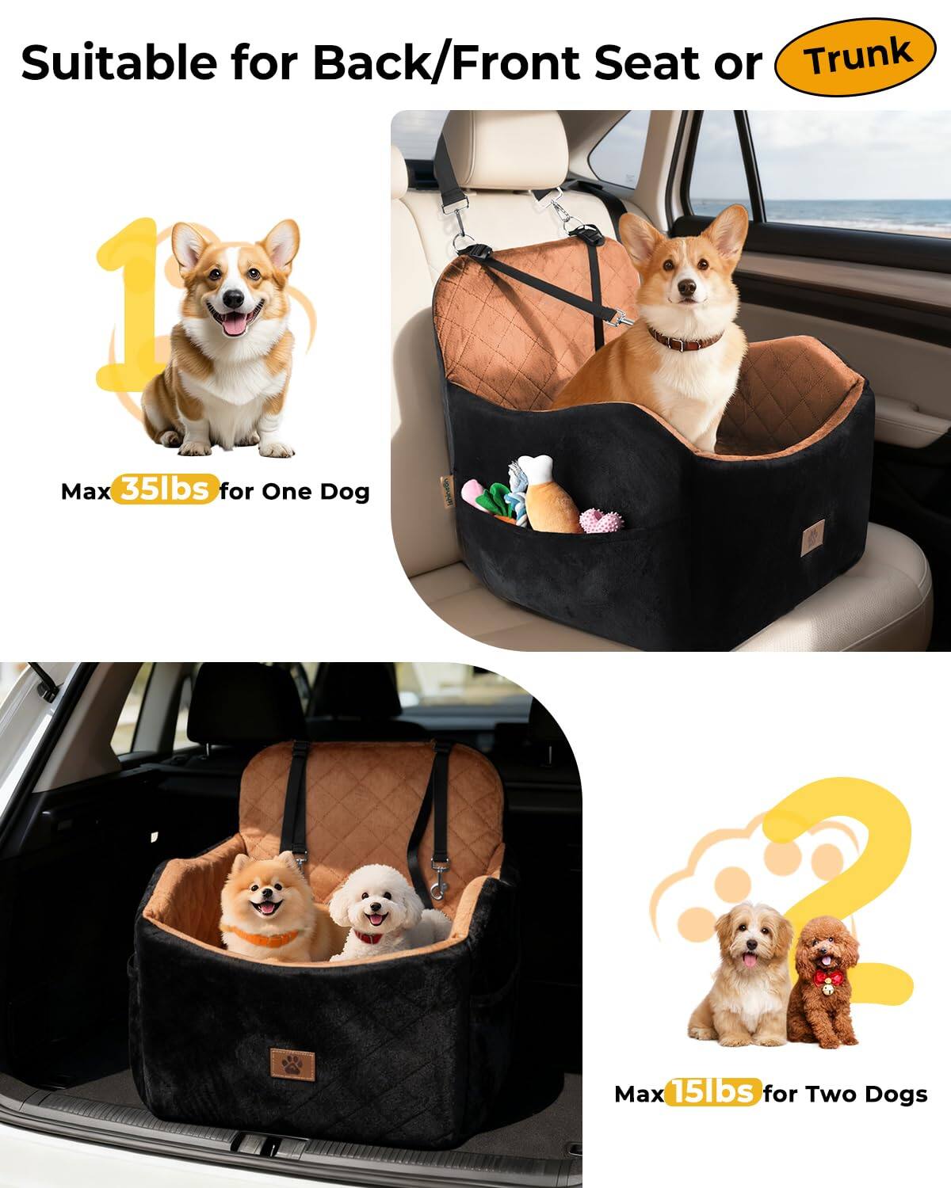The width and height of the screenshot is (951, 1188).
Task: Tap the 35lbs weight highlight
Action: click(165, 489)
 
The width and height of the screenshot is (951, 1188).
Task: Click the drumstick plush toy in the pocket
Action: click(548, 495)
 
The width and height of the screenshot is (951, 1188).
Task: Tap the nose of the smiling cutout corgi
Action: click(232, 299)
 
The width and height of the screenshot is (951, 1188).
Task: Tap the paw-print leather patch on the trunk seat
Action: click(290, 1061)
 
